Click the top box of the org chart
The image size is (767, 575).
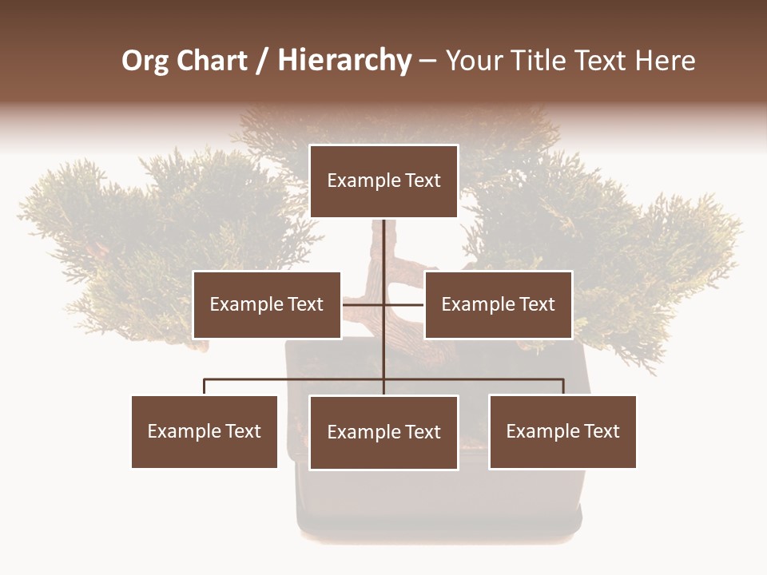383,181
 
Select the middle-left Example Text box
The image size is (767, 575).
267,304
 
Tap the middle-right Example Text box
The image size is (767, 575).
498,304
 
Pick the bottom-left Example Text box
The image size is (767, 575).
205,431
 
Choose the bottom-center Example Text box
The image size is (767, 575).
383,432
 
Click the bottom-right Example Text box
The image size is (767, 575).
562,431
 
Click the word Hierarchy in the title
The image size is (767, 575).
344,61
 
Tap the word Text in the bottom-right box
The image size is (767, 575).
602,431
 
